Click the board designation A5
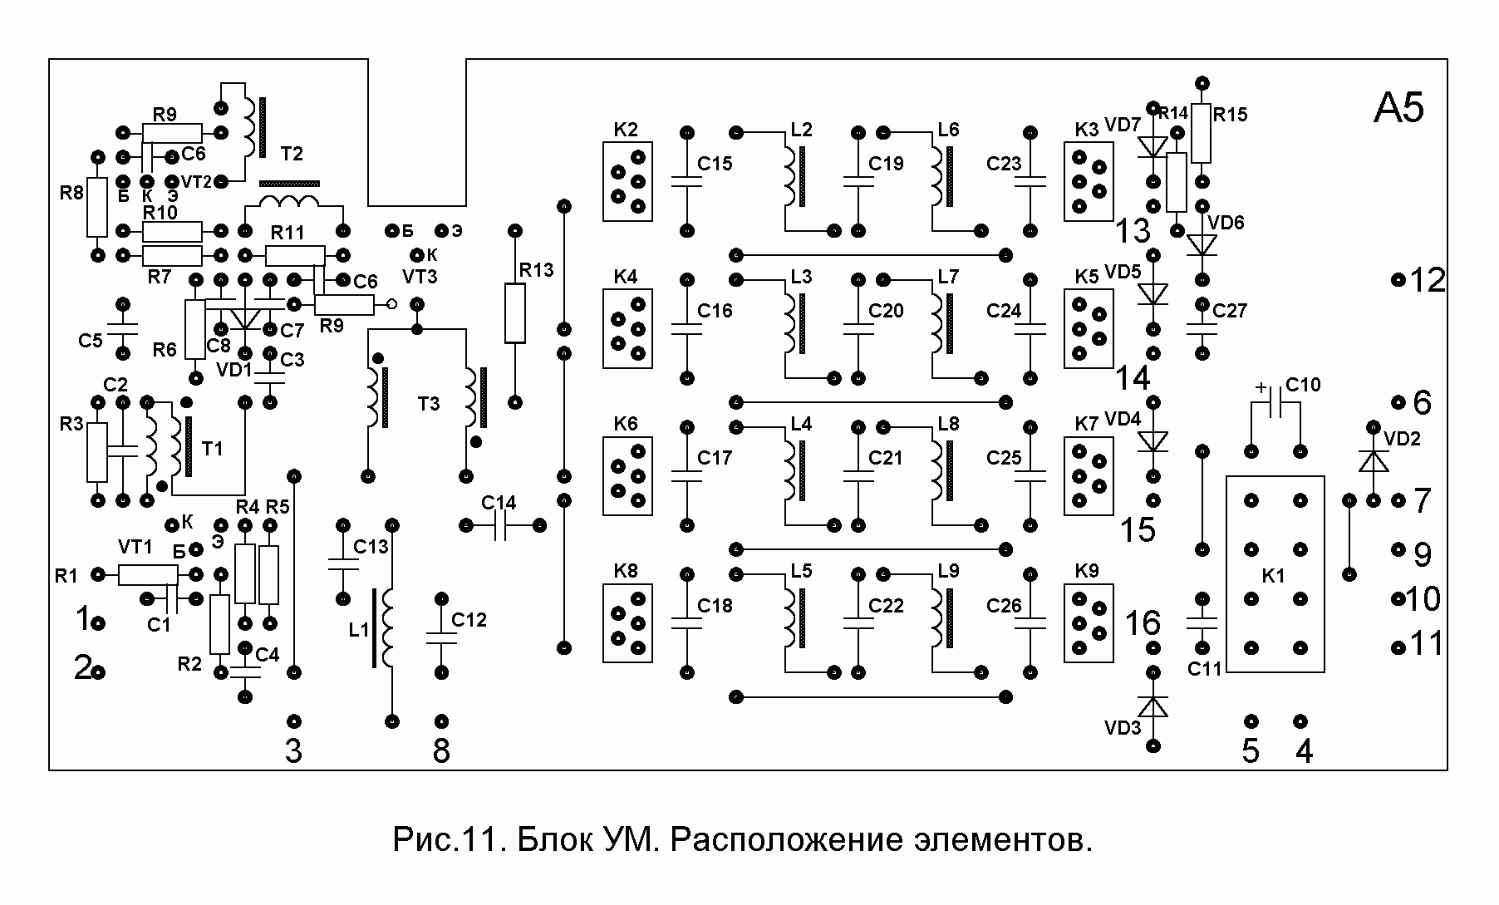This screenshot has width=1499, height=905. coord(1398,109)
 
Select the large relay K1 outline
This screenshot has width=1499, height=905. coord(1275,574)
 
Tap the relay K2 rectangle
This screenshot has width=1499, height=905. coord(627,181)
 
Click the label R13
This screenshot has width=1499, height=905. coord(536,270)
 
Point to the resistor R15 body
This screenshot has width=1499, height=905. coord(1202,133)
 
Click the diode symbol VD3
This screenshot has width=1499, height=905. coord(1153,706)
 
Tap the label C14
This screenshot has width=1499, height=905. coord(499,503)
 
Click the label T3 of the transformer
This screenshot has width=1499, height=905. coord(429,405)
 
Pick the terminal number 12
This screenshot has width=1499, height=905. coord(1428,281)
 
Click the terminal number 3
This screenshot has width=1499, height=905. coord(293,751)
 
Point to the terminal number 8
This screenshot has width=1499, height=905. coord(441,751)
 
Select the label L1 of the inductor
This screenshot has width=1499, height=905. coord(358,630)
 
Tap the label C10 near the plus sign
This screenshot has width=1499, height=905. coord(1303,386)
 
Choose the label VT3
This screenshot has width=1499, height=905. coord(419,275)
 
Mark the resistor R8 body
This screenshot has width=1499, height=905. coord(97,206)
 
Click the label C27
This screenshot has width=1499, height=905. coord(1230,311)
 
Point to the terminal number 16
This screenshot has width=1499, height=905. coord(1143,622)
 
